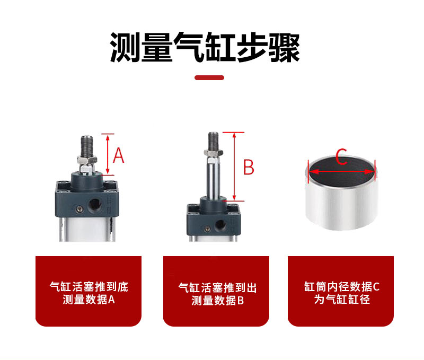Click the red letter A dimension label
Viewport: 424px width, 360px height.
[x=118, y=155]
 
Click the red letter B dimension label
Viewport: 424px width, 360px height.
[x=249, y=167]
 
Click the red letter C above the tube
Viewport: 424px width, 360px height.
[x=341, y=156]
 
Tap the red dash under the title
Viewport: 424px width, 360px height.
[x=209, y=77]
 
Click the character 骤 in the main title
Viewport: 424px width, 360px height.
[x=284, y=48]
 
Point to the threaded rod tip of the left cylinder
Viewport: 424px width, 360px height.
[x=87, y=146]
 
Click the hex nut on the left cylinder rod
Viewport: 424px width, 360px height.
[x=87, y=160]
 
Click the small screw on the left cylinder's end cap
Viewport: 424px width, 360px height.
[x=79, y=209]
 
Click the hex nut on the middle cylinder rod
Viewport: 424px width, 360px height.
[x=214, y=153]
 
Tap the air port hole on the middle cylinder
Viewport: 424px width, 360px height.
[x=220, y=225]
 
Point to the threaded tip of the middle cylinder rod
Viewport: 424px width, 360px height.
[x=214, y=141]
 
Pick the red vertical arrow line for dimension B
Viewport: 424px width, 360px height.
[x=234, y=166]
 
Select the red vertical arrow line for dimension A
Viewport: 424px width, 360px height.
[x=108, y=154]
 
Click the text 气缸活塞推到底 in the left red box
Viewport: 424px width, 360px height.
[x=89, y=287]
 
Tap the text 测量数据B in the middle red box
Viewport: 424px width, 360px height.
[x=217, y=301]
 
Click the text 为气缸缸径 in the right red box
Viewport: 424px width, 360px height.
[x=342, y=300]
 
